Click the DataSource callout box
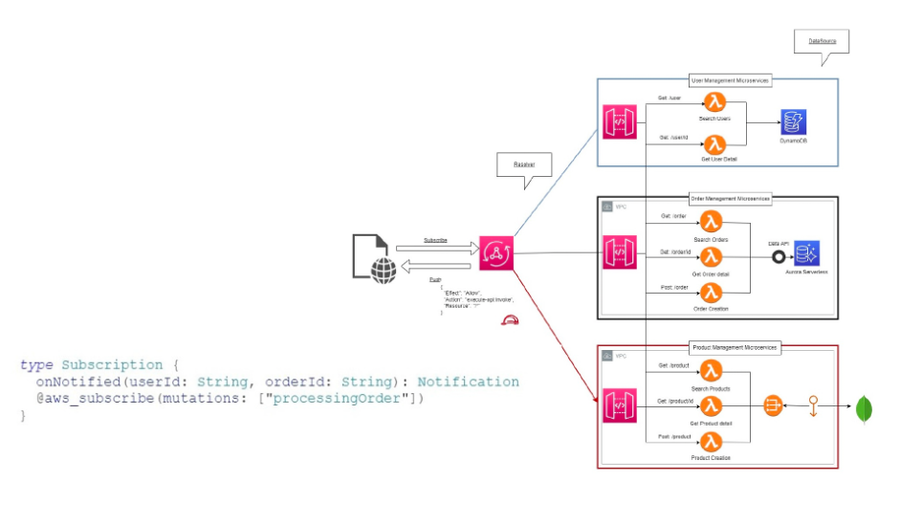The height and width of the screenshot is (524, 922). [822, 43]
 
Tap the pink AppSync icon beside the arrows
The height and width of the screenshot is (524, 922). [496, 253]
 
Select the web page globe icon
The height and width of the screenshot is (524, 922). [374, 258]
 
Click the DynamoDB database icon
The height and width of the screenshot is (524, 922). [793, 122]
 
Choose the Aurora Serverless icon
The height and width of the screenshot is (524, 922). [807, 253]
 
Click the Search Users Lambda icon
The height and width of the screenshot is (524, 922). [713, 103]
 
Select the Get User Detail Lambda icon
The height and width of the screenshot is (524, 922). [713, 144]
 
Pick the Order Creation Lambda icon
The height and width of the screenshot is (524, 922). [711, 293]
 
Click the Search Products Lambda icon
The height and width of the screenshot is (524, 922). [711, 371]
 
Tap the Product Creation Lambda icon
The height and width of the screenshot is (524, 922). [711, 441]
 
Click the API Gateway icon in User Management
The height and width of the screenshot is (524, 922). [620, 123]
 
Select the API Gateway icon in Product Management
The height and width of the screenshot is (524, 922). [619, 405]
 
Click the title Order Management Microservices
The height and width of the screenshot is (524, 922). [731, 199]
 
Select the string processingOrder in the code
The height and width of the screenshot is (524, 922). [332, 398]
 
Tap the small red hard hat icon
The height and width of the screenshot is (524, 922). [510, 322]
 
